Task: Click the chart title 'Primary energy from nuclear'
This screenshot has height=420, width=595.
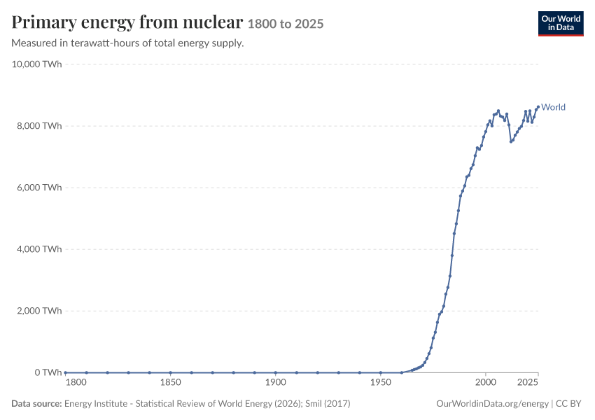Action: point(127,22)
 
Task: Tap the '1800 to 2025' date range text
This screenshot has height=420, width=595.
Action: point(286,24)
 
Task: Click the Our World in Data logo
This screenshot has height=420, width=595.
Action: point(561,24)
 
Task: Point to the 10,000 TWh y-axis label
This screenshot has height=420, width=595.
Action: point(36,64)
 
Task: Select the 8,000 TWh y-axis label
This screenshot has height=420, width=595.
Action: point(39,126)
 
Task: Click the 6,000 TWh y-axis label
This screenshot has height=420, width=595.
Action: point(39,188)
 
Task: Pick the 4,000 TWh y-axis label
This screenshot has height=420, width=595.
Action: point(39,249)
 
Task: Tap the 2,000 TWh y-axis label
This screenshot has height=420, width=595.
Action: point(39,311)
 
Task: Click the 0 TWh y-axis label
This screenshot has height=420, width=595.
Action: point(48,372)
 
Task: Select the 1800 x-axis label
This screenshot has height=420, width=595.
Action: point(76,382)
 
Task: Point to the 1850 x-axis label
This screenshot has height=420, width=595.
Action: point(170,382)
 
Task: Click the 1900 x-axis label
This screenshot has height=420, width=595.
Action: point(276,382)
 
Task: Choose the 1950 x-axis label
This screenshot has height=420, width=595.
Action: point(381,382)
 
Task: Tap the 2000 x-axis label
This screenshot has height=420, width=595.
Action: point(486,382)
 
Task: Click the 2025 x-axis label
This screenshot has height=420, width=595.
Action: point(528,382)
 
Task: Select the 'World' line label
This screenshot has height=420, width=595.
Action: point(553,107)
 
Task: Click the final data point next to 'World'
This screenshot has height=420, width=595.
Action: point(538,107)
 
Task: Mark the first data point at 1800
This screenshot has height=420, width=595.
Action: point(66,372)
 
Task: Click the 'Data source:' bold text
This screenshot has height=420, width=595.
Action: point(36,403)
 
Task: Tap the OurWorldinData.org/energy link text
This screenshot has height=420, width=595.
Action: point(493,404)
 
